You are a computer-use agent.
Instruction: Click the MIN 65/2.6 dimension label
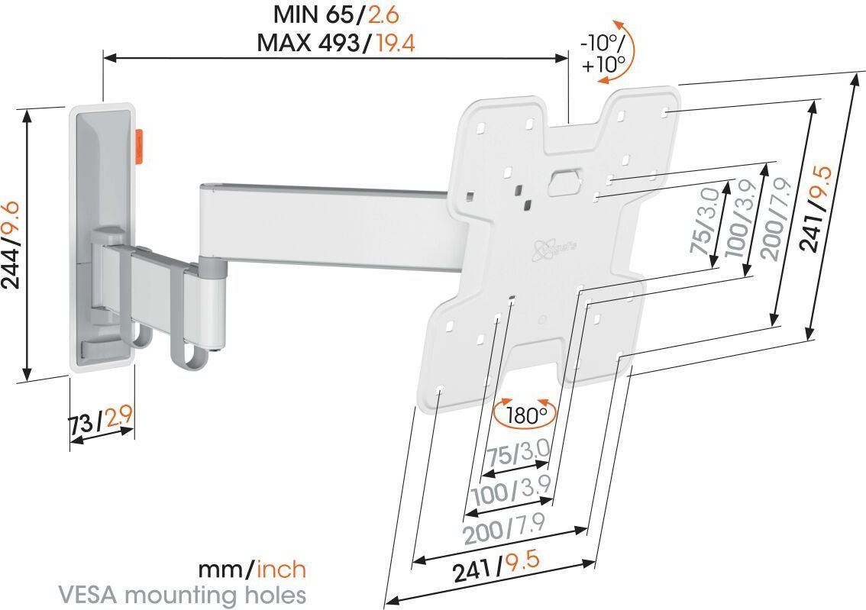(336, 15)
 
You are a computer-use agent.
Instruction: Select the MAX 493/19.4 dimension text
(336, 43)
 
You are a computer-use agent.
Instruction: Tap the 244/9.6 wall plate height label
(11, 244)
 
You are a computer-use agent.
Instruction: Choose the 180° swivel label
(525, 415)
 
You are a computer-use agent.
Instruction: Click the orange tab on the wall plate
(141, 147)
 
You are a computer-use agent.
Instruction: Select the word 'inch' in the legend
(282, 569)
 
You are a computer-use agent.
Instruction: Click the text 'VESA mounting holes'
(183, 595)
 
